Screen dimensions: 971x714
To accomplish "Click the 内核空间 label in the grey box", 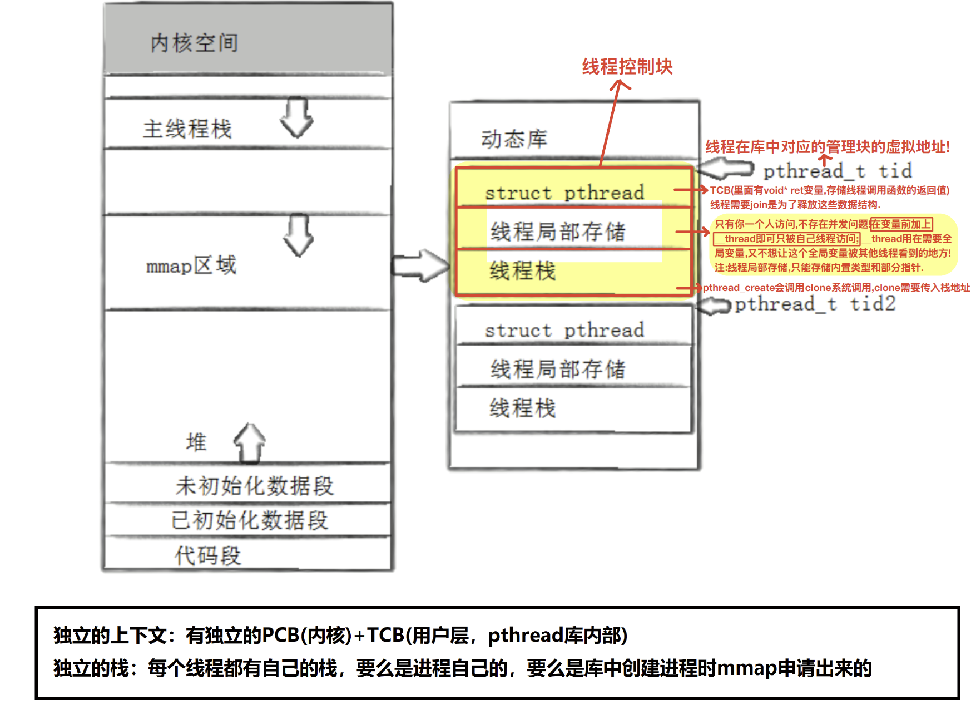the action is click(194, 43).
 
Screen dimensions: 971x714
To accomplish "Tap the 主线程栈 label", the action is click(187, 129).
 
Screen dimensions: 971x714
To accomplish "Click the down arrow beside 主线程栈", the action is click(296, 117).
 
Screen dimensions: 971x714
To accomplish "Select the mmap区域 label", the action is click(191, 265).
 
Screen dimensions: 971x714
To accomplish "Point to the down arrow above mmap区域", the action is click(299, 235).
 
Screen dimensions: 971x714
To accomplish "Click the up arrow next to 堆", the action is click(250, 443).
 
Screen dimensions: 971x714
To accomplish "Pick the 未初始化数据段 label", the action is click(254, 486).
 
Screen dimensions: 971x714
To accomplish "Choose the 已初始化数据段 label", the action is click(250, 520).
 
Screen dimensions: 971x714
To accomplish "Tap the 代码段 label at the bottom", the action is click(207, 555).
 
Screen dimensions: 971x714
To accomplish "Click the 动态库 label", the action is click(514, 139).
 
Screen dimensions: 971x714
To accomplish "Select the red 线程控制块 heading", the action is click(627, 67).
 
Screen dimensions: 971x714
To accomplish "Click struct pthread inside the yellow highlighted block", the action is click(564, 193).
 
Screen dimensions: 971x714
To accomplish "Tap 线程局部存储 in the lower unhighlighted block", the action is click(558, 369).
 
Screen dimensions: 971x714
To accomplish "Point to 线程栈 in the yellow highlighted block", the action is click(522, 272).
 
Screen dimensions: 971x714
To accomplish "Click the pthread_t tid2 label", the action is click(815, 304).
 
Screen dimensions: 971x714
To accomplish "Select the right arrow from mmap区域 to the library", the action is click(420, 265).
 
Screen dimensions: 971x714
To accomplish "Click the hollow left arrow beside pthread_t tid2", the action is click(714, 305).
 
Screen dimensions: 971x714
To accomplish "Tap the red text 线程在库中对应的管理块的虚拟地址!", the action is click(828, 147).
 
